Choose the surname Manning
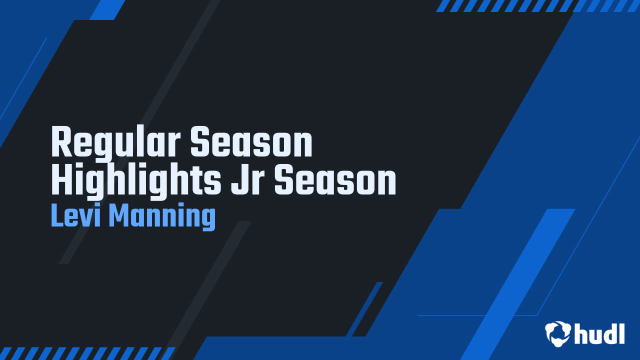pyautogui.click(x=161, y=217)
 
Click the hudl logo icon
pyautogui.click(x=558, y=333)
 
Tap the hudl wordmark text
pyautogui.click(x=599, y=333)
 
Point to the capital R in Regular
pyautogui.click(x=61, y=143)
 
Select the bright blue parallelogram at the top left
pyautogui.click(x=107, y=9)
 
